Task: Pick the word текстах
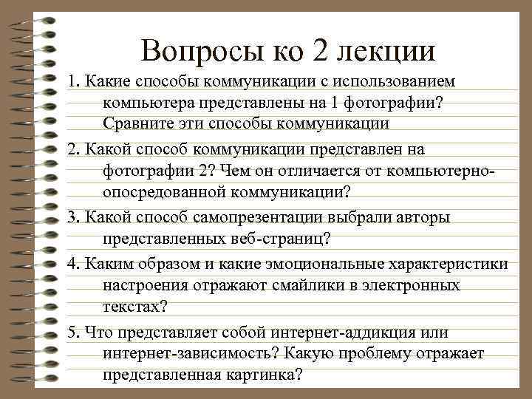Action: (133, 307)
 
